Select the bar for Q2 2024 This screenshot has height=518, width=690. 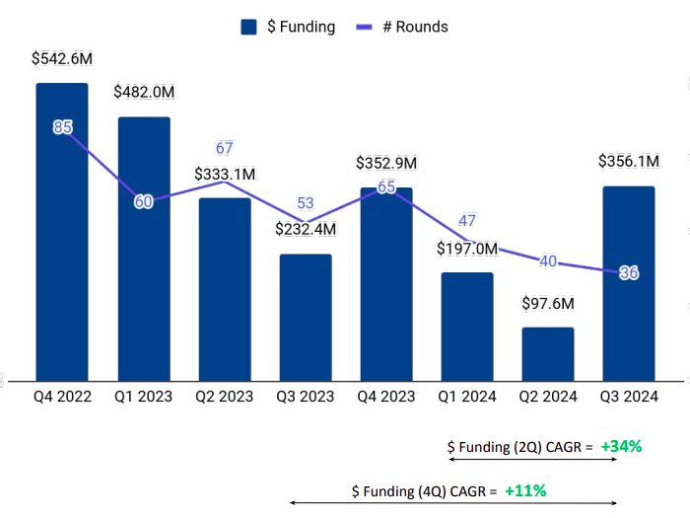(548, 354)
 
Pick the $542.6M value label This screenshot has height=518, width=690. (62, 59)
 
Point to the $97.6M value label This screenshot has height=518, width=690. (548, 304)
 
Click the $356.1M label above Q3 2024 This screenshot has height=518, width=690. (630, 162)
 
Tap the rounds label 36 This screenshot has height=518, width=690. (629, 273)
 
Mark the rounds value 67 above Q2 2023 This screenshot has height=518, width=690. (225, 149)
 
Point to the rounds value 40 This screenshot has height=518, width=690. (548, 261)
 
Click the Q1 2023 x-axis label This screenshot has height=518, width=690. (144, 398)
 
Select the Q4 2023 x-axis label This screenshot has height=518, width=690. (386, 398)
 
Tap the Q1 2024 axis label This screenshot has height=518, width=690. (467, 398)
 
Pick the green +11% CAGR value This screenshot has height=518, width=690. (525, 489)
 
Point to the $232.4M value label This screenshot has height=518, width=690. (306, 229)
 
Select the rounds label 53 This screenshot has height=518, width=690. (306, 203)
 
